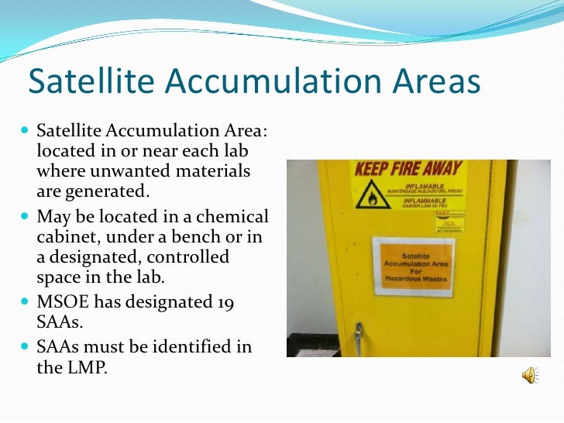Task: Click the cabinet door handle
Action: click(358, 335)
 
